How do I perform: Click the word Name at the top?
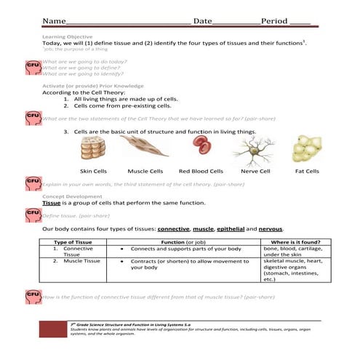(x=54, y=21)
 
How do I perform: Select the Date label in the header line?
(x=204, y=21)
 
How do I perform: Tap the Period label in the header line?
(x=274, y=21)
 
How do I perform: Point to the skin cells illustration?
(x=92, y=149)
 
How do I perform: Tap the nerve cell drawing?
(x=255, y=150)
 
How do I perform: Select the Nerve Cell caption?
(x=255, y=171)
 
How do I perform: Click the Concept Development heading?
(x=71, y=196)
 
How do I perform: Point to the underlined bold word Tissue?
(x=51, y=203)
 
